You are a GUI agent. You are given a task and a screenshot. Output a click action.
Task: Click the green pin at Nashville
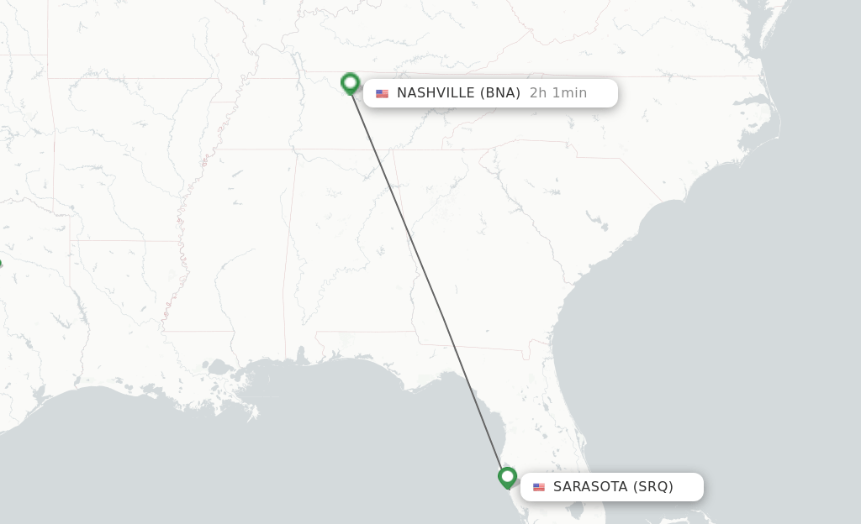click(x=351, y=82)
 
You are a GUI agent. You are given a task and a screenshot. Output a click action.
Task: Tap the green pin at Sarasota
click(x=507, y=477)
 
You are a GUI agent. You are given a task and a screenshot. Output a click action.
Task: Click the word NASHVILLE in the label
click(x=435, y=93)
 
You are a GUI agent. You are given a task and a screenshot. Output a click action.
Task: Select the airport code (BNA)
click(x=499, y=93)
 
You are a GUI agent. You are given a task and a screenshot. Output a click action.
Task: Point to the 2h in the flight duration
click(x=538, y=93)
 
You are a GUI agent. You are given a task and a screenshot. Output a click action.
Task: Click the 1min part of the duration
click(x=569, y=93)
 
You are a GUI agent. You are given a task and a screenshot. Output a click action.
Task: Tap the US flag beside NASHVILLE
click(x=382, y=93)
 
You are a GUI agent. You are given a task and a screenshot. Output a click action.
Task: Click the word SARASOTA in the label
click(x=590, y=487)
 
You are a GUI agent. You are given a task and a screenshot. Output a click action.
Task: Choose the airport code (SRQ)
click(x=653, y=487)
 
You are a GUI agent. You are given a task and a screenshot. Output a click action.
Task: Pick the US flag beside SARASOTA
click(x=539, y=487)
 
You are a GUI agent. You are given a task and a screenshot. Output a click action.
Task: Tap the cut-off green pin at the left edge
click(x=1, y=265)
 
